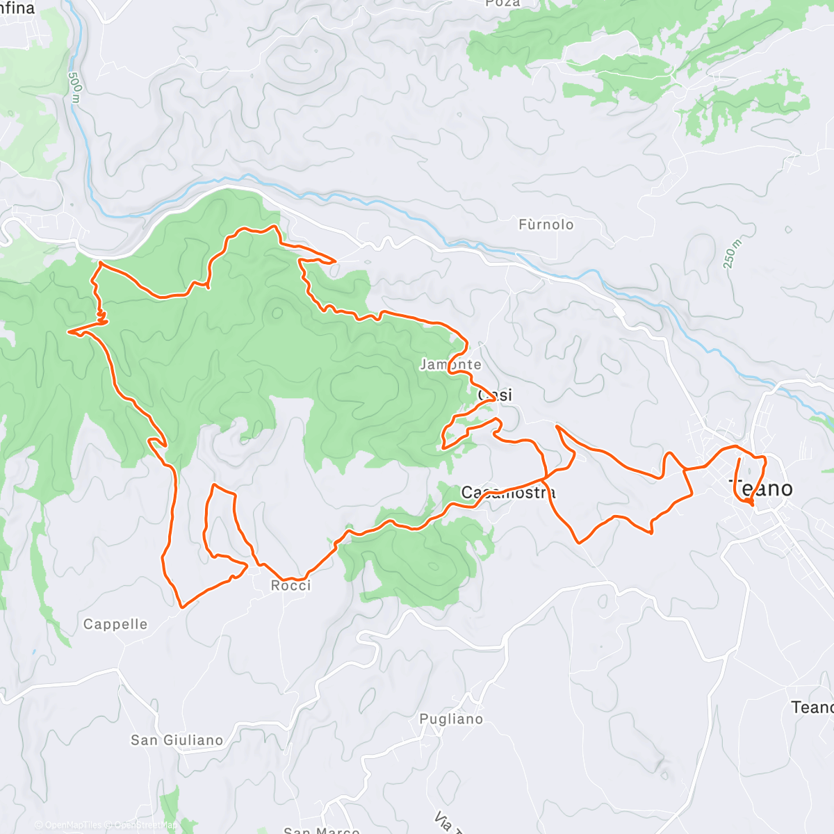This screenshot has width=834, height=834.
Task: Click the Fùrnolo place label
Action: coord(546,224)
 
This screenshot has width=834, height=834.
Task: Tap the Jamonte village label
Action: coord(450,364)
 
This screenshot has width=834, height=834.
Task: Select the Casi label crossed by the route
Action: coord(495,395)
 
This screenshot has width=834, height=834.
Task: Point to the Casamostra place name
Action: coord(509,493)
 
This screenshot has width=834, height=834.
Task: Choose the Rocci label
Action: coord(291,586)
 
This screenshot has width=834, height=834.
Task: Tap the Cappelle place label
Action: coord(115,624)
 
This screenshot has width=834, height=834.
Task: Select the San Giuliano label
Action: coord(177,740)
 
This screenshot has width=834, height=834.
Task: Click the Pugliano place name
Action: coord(451,719)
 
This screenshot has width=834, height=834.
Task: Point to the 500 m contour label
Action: coord(75,88)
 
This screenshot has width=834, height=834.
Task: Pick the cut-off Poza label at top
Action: coord(503,3)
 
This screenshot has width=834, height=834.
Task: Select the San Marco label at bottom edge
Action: coord(321,830)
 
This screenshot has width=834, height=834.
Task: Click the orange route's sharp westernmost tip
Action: coord(68,332)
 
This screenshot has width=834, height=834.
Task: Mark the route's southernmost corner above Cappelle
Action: coord(181,607)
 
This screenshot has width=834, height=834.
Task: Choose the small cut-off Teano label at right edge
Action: coord(812,708)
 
